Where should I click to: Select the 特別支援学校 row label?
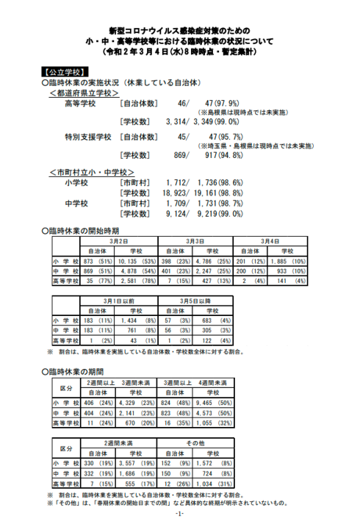click(x=88, y=137)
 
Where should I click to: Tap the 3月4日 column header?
click(x=270, y=241)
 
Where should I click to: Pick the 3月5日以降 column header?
click(x=195, y=301)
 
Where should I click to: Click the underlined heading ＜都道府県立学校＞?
click(x=84, y=95)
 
